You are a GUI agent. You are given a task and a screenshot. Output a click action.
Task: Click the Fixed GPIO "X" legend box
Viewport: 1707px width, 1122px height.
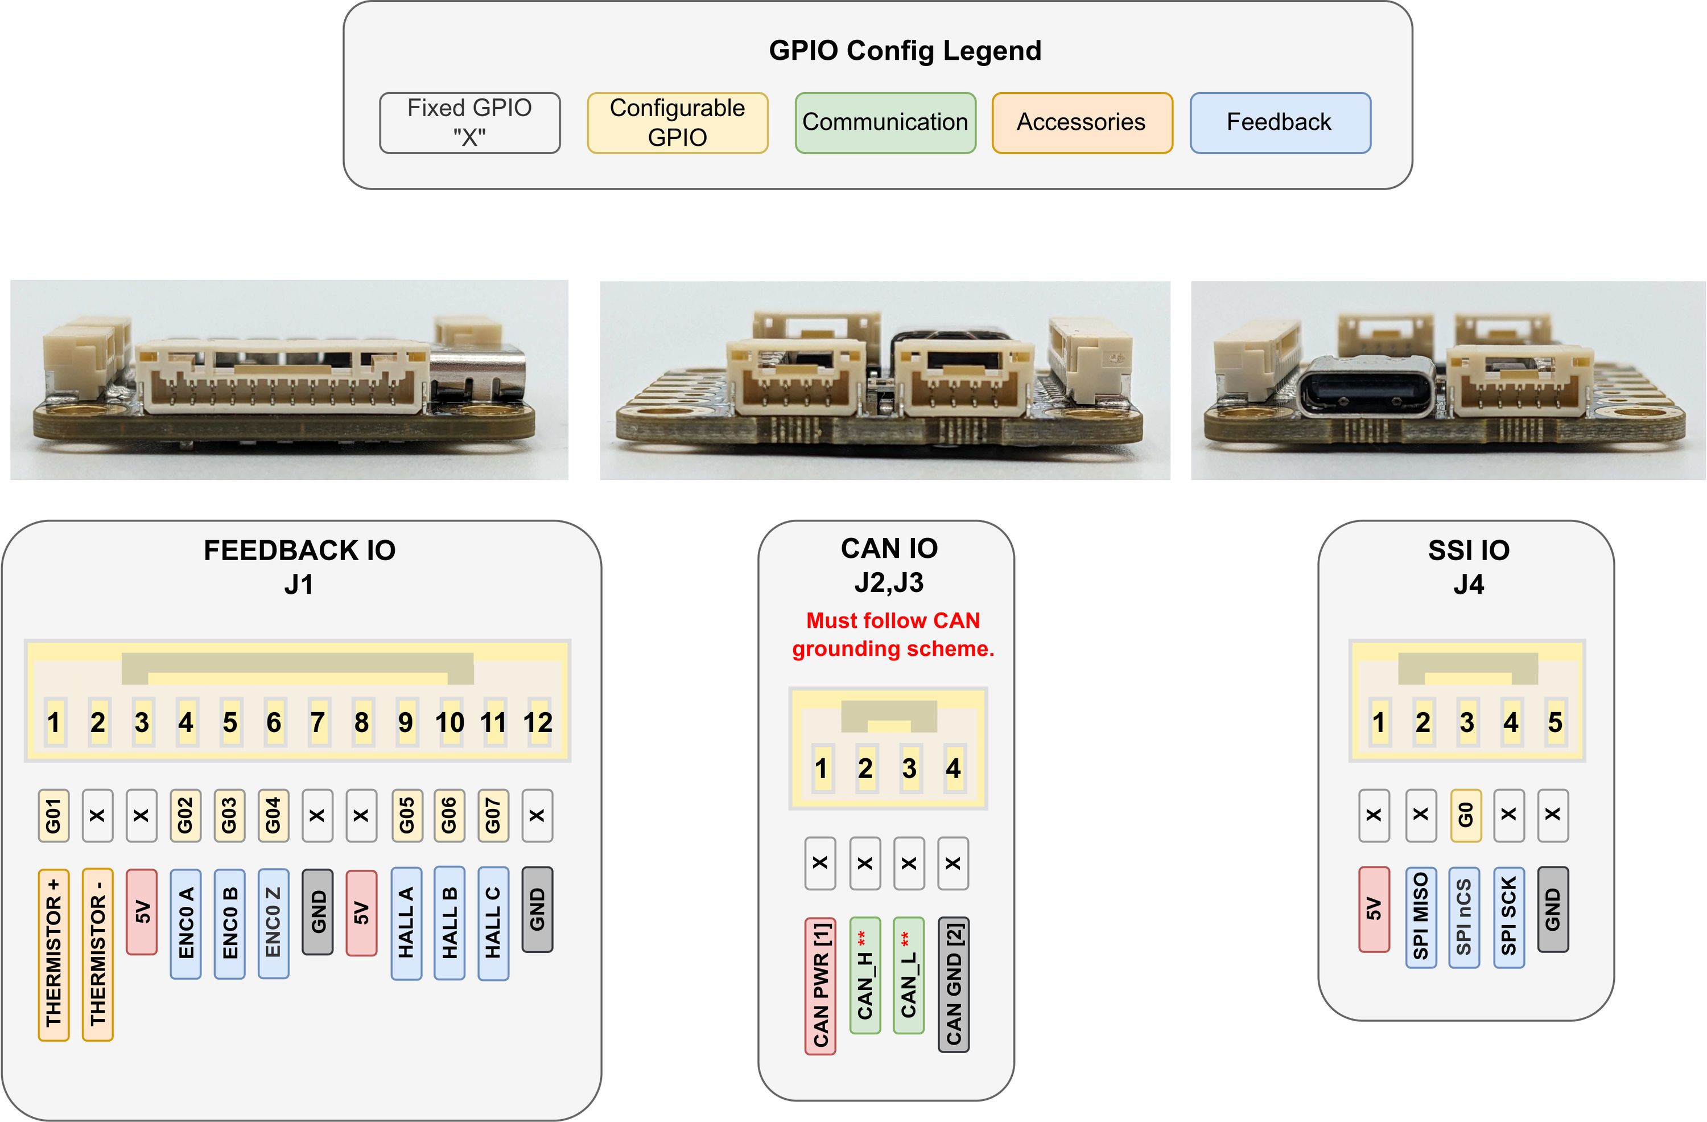coord(470,122)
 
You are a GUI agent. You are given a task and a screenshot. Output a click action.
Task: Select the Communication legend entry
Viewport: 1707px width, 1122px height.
coord(885,122)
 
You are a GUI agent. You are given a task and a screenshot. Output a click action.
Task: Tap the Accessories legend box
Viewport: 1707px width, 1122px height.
coord(1082,122)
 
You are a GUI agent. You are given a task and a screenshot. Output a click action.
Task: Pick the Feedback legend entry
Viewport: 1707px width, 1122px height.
coord(1280,122)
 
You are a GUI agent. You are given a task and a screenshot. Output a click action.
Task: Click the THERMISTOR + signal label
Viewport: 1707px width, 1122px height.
coord(54,954)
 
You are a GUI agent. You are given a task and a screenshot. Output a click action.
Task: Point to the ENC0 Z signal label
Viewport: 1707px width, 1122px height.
coord(273,923)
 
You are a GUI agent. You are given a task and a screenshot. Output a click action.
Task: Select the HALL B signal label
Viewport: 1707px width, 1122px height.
coord(450,923)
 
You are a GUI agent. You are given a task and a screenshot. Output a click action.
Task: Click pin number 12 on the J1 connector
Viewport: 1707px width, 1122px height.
coord(538,722)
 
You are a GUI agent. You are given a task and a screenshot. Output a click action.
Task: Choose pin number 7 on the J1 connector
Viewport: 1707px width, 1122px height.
coord(318,722)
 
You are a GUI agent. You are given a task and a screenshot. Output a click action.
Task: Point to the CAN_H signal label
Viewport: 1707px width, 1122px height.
coord(865,975)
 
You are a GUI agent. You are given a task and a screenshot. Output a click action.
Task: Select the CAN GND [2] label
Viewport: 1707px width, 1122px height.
coord(953,984)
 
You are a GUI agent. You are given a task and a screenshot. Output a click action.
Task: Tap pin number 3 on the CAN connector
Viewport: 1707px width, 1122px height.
coord(909,768)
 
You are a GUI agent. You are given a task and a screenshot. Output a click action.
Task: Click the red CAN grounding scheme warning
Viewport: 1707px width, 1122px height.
coord(893,634)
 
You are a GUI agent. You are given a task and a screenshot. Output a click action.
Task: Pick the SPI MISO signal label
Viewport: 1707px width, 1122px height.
coord(1421,917)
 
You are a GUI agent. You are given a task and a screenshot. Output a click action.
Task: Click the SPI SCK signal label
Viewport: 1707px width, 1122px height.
coord(1508,917)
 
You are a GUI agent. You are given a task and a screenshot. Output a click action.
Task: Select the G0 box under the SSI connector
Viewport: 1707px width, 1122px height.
coord(1465,816)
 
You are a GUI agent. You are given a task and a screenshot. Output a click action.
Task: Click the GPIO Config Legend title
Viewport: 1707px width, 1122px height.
coord(905,50)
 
